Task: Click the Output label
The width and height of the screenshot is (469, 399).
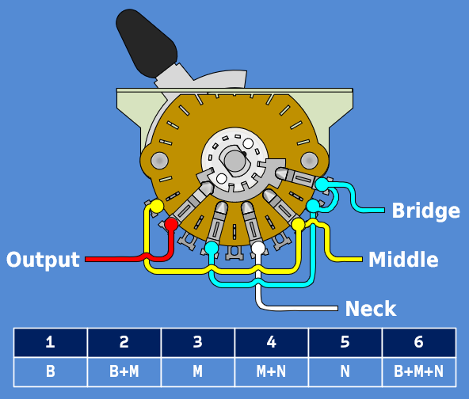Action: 43,260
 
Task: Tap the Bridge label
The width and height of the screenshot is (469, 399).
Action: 425,211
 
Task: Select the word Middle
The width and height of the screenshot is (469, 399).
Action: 403,260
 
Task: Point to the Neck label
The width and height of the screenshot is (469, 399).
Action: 370,308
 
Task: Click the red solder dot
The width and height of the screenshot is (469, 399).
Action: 170,225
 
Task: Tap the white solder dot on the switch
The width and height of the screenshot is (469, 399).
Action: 258,249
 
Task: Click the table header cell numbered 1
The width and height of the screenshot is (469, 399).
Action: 50,342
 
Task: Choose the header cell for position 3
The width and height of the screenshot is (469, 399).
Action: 197,342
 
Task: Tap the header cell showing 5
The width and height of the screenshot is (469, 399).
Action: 345,342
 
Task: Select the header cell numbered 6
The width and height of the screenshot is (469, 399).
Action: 418,342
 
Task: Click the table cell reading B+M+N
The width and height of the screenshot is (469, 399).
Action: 418,370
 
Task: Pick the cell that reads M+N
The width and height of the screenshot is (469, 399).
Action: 271,370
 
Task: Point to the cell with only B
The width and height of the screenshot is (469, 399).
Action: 50,370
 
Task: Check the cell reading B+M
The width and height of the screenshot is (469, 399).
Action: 124,370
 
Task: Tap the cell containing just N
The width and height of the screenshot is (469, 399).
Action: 345,370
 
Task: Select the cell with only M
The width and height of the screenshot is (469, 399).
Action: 197,370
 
